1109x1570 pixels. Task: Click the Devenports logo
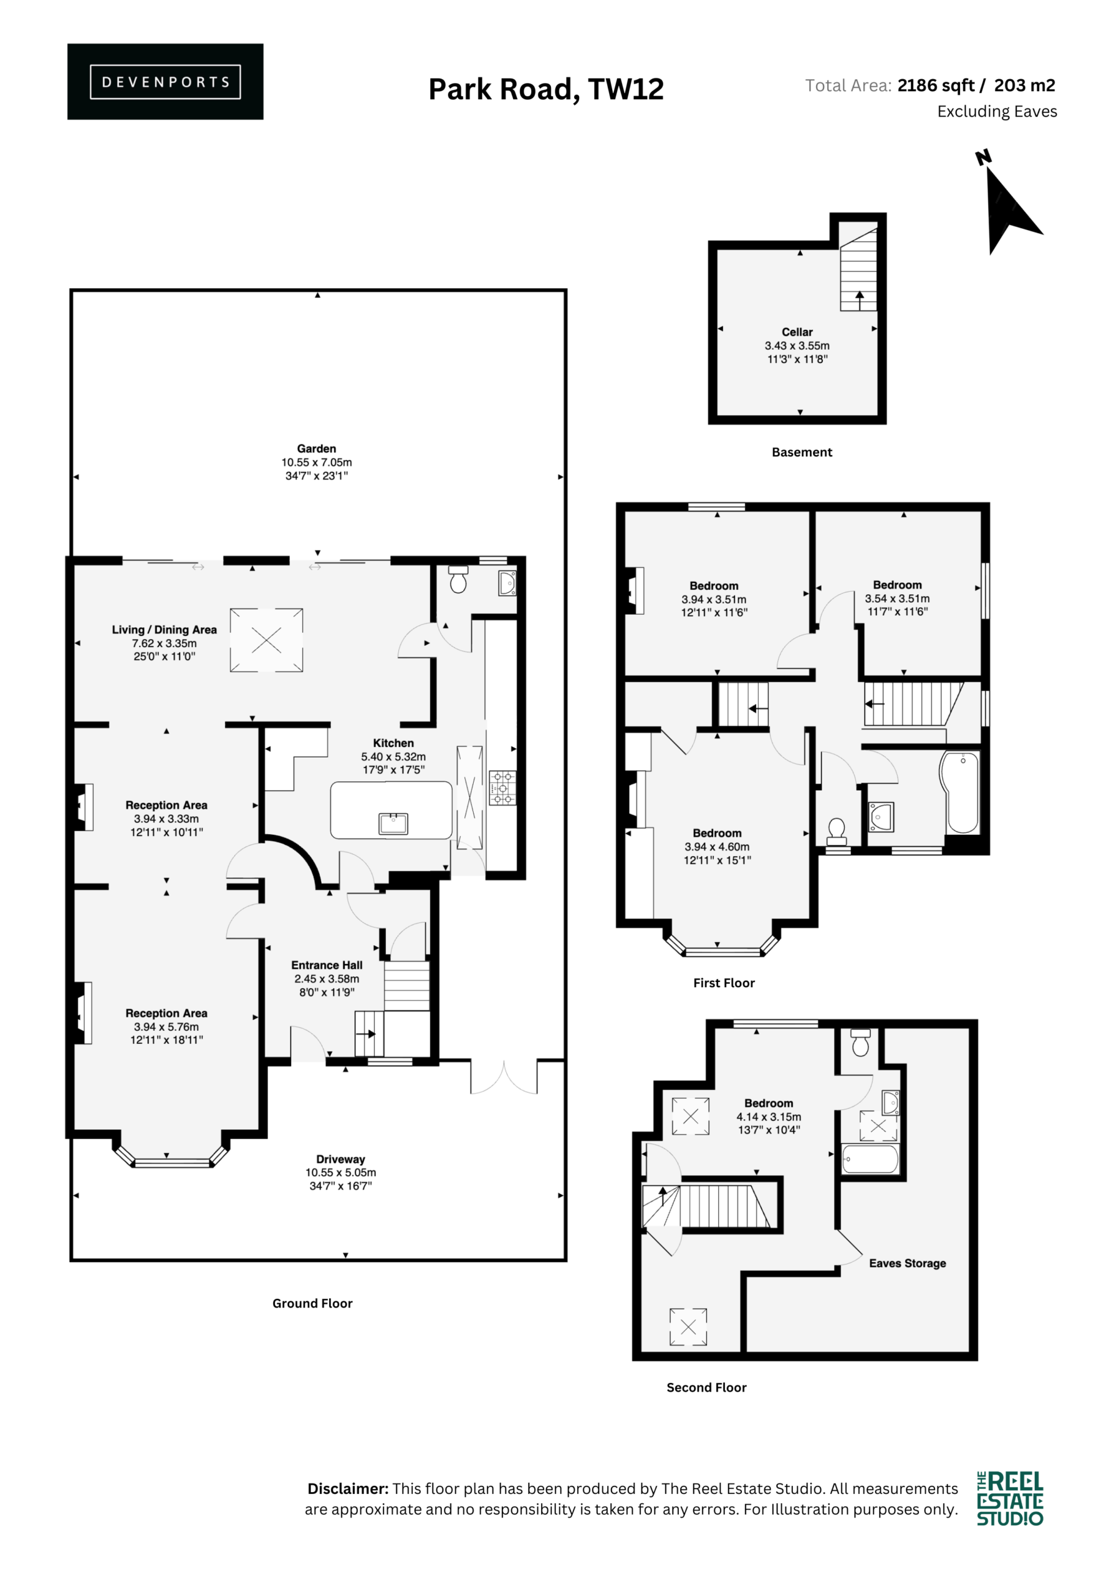tap(165, 82)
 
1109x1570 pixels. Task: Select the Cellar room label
tap(797, 332)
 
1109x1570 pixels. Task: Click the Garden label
tap(316, 448)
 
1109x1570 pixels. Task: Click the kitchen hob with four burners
tap(502, 787)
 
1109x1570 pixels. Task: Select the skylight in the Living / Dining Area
tap(267, 640)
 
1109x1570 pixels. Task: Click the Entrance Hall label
tap(327, 965)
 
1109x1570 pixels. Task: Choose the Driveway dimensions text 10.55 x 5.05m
tap(340, 1172)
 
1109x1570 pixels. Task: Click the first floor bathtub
tap(961, 792)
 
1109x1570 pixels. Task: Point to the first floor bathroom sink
tap(881, 816)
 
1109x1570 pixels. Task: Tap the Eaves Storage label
tap(907, 1263)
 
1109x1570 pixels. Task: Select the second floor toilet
tap(861, 1043)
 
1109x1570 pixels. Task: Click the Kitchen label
tap(393, 743)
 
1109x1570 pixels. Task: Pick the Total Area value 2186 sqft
tap(936, 85)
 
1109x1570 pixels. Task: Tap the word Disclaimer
tap(348, 1488)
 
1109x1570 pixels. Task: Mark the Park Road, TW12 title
tap(546, 90)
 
